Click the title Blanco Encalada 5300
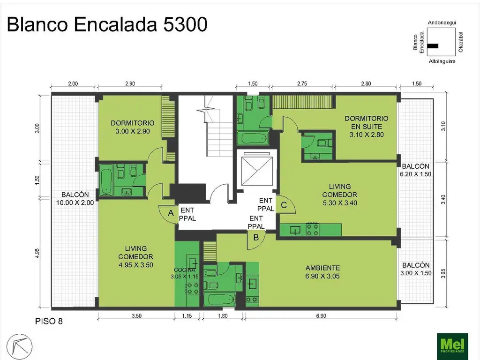point(107,25)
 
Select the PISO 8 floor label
point(49,322)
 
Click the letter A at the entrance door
point(171,213)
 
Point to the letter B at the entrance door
point(256,237)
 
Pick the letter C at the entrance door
point(284,204)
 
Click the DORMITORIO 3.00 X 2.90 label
point(133,127)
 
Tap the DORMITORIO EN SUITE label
point(366,126)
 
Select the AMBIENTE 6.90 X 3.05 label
point(322,272)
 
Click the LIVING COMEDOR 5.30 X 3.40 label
point(340,195)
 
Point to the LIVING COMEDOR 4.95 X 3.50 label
point(136,256)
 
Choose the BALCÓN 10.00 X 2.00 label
point(75,199)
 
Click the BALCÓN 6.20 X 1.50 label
point(415,170)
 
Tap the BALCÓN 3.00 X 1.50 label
point(415,269)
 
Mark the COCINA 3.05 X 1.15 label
point(184,273)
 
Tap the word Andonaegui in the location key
point(442,22)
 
